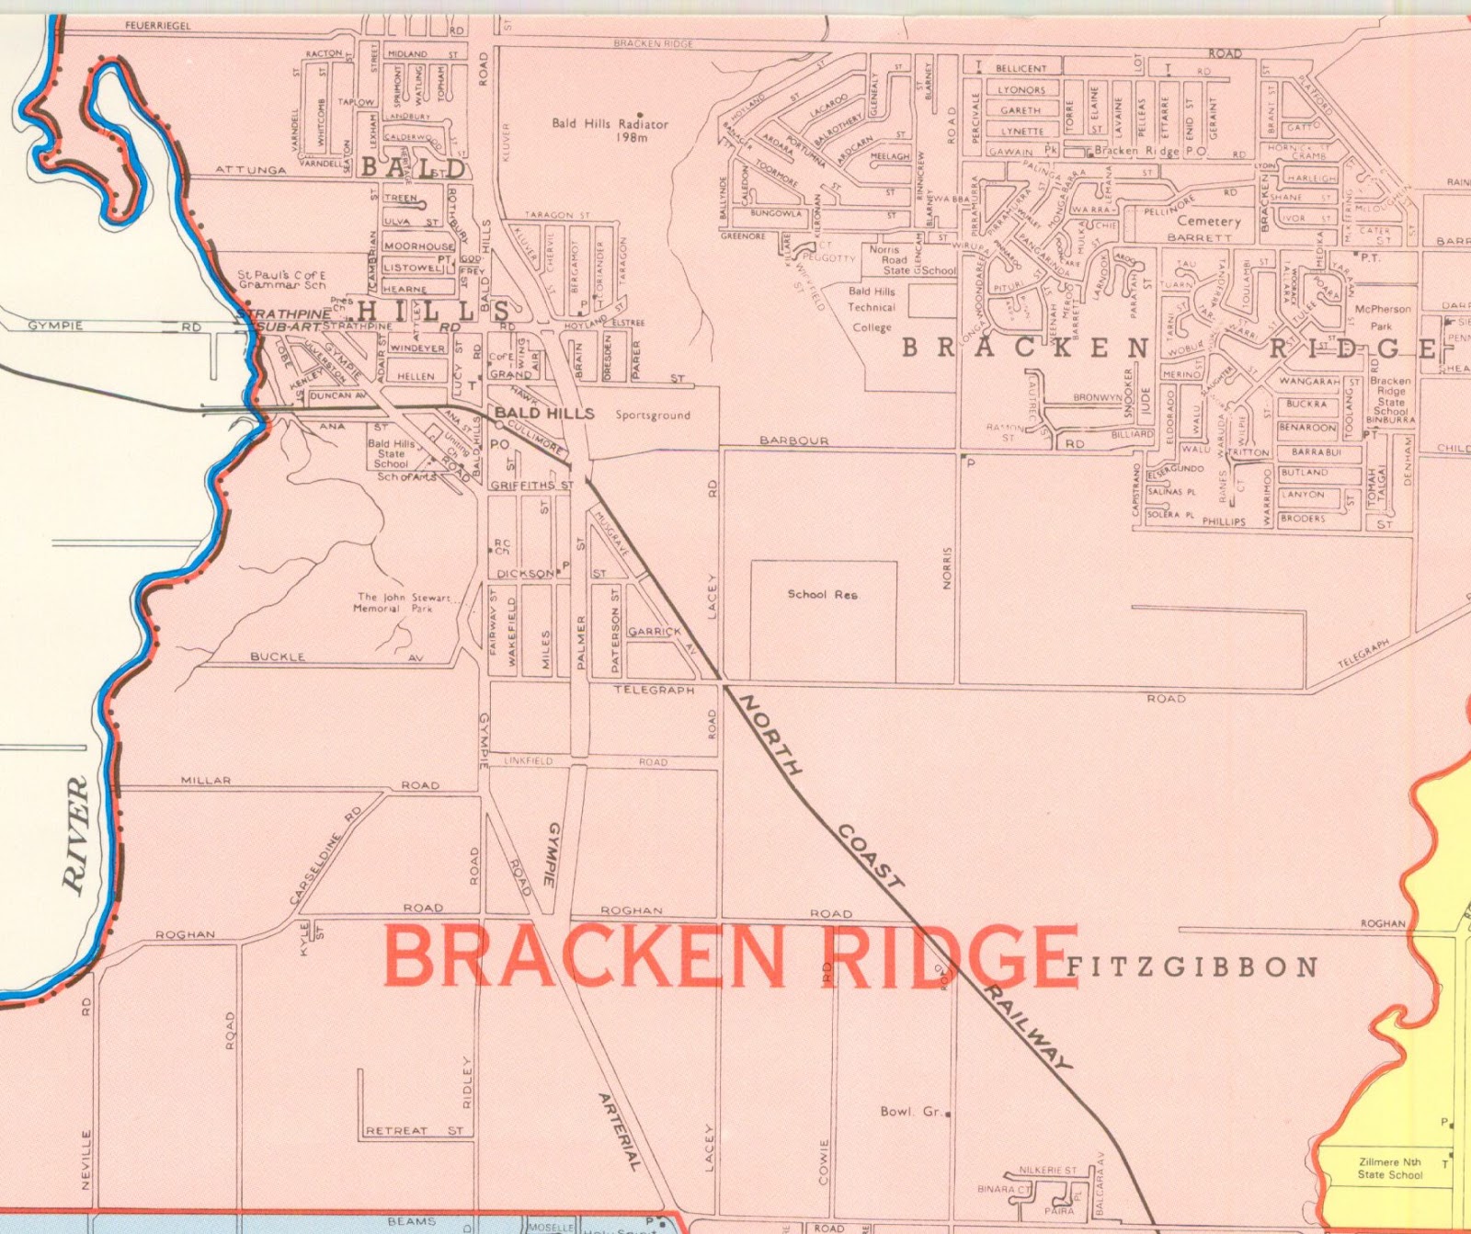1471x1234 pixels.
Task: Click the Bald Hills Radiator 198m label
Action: (610, 130)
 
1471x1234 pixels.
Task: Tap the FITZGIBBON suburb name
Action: (1192, 967)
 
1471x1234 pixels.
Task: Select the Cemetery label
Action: (1208, 221)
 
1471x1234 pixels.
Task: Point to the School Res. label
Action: (823, 594)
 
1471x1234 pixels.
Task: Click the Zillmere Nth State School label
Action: (1389, 1168)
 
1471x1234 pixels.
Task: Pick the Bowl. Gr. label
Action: (911, 1112)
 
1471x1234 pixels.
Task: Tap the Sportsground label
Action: (653, 416)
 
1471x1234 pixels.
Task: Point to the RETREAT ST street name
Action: (415, 1130)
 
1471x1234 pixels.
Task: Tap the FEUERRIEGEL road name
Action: (158, 26)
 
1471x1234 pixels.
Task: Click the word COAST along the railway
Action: (869, 855)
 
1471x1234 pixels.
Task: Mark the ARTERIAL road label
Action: (618, 1130)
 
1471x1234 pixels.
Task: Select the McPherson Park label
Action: (1382, 317)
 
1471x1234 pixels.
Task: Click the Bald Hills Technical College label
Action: (872, 309)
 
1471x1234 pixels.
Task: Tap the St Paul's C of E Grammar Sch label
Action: (281, 280)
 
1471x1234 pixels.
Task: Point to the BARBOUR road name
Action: (794, 440)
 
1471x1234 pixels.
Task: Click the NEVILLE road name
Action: (86, 1160)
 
